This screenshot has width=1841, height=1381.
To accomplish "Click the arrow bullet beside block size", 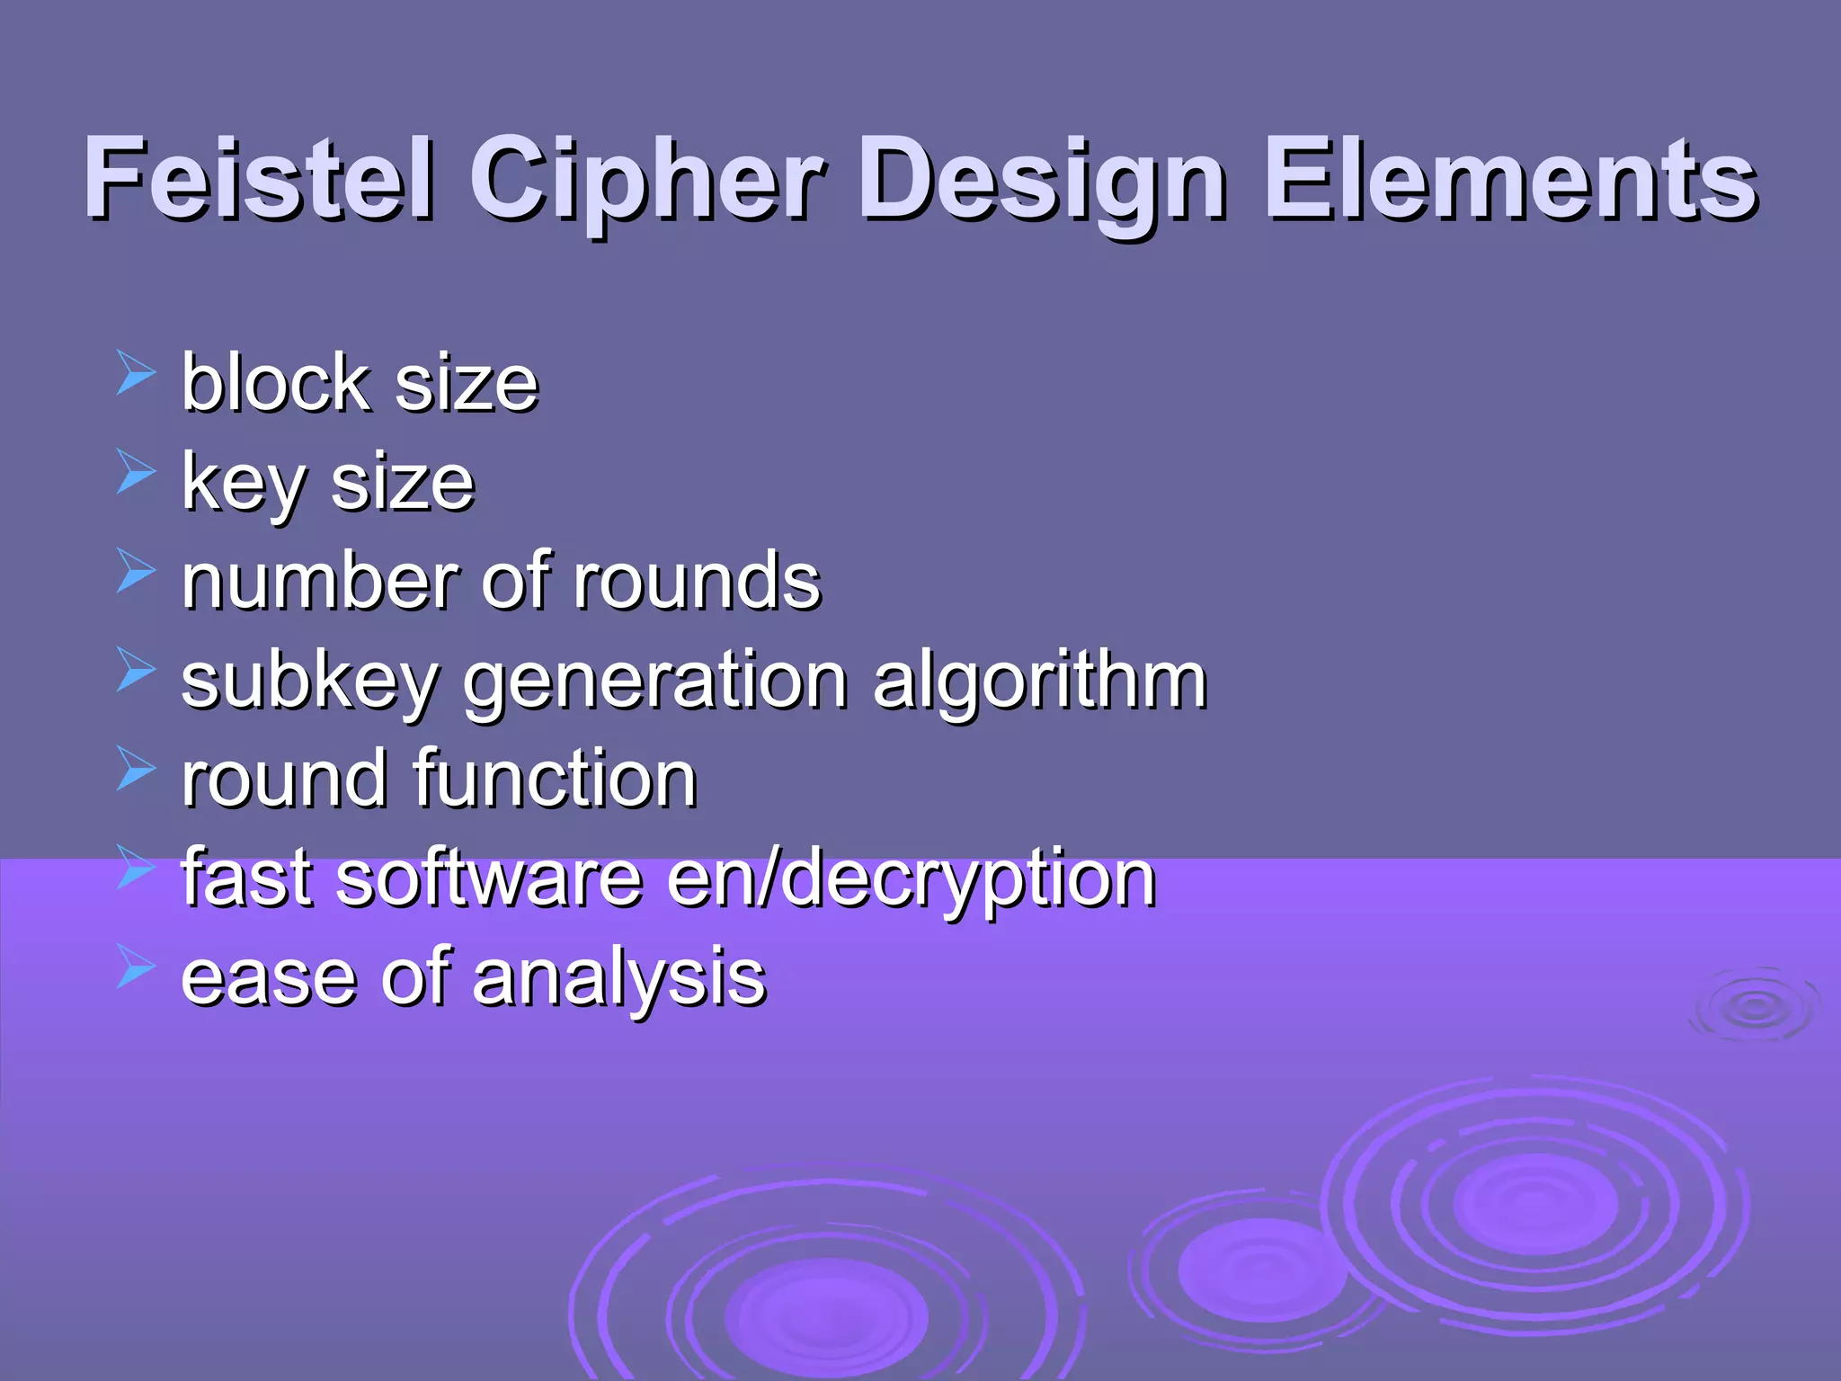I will [x=136, y=374].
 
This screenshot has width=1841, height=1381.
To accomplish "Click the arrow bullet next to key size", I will [x=136, y=473].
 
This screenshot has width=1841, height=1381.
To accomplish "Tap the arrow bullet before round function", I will [x=136, y=770].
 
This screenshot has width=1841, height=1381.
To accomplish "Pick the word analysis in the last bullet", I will [x=619, y=978].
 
